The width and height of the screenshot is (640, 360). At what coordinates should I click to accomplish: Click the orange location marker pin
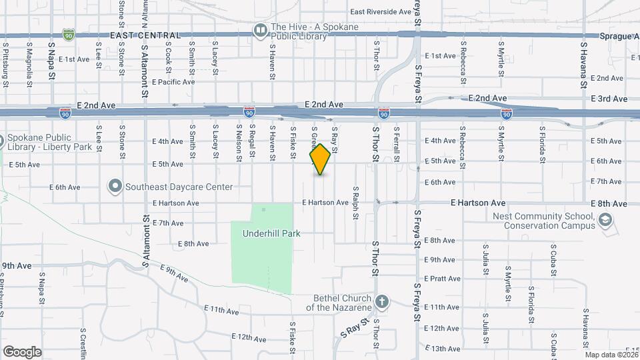[321, 159]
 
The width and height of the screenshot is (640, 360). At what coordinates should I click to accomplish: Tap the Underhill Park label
[271, 233]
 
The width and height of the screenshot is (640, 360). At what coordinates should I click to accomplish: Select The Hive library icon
[259, 30]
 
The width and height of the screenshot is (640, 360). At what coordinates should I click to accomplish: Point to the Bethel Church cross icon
[381, 303]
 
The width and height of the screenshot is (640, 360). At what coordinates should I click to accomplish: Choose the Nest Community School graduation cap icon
[605, 220]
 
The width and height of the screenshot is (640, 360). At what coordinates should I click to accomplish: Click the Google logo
[22, 352]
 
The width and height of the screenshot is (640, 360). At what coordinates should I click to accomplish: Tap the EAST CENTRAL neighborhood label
[145, 35]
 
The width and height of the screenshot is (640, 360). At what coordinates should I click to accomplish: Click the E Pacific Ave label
[173, 82]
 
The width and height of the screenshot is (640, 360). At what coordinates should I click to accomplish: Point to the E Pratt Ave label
[442, 279]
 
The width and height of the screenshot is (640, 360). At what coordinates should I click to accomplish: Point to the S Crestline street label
[83, 343]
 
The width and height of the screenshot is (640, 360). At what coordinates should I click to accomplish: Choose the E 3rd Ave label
[609, 99]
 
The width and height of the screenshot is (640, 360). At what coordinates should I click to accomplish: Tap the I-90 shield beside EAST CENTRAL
[68, 33]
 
